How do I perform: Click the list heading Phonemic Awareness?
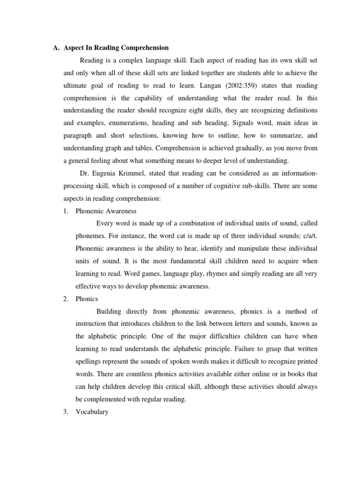tap(106, 211)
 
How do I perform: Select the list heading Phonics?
tap(87, 299)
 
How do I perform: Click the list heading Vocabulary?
tap(92, 412)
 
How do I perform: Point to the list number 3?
tap(66, 412)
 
